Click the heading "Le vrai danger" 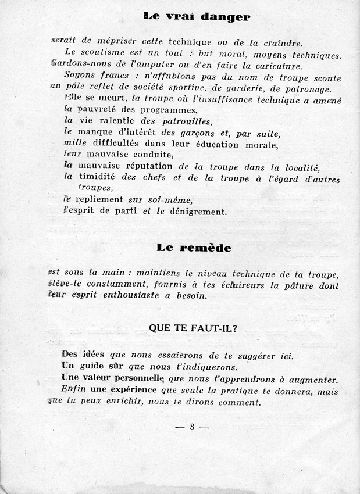[x=196, y=17]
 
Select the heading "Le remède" [x=194, y=248]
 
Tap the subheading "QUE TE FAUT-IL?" [x=193, y=327]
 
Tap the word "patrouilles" [x=182, y=121]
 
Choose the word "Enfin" [x=73, y=391]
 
